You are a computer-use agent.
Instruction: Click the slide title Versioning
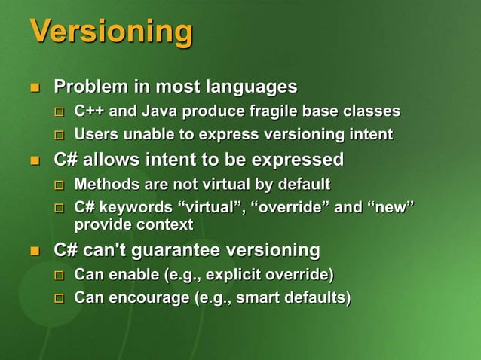click(x=111, y=32)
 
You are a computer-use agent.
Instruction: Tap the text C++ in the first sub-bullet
click(x=90, y=112)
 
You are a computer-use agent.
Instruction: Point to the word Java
click(x=159, y=112)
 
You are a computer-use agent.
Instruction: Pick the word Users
click(x=95, y=136)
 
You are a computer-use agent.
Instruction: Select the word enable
click(x=131, y=273)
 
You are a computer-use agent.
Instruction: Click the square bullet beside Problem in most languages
click(x=34, y=88)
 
